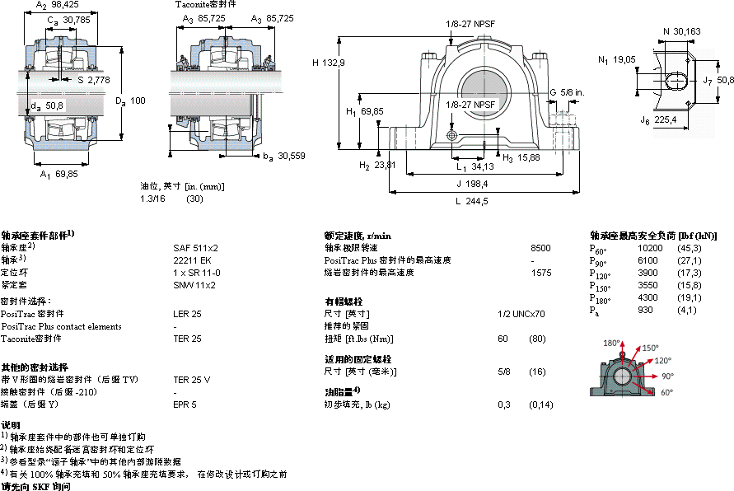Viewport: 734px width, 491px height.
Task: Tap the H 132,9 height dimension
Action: point(328,63)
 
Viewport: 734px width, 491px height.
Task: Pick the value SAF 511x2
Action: point(195,247)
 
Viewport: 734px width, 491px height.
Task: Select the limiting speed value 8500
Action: point(541,247)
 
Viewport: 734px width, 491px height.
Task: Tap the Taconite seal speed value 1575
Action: point(541,272)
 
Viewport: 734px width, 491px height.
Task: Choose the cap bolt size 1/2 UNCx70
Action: point(521,314)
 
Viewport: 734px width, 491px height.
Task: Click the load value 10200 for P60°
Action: point(650,247)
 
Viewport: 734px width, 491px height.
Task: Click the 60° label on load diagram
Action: point(666,392)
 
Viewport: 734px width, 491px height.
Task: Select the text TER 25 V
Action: point(191,380)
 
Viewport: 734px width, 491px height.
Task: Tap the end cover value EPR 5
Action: point(185,404)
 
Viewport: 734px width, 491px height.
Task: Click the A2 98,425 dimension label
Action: point(57,6)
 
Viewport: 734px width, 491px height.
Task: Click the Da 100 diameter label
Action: point(130,101)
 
